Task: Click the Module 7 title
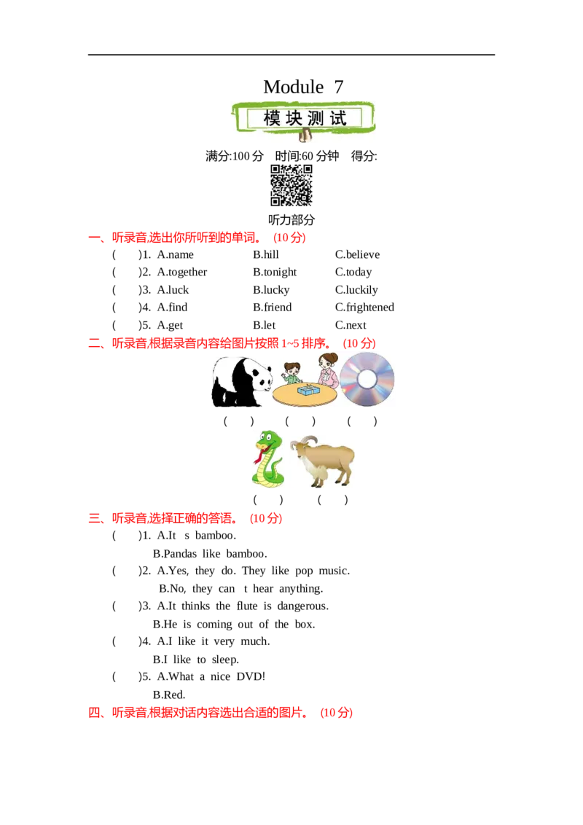coord(303,87)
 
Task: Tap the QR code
coord(291,185)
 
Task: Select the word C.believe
coord(357,254)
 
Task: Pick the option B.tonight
coord(275,272)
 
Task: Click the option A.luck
coord(173,290)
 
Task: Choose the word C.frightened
coord(364,308)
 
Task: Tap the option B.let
coord(264,325)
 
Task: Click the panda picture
coord(241,382)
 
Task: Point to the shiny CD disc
coord(367,380)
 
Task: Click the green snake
coord(268,458)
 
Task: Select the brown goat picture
coord(322,461)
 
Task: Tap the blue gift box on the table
coord(308,390)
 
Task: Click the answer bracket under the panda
coord(239,421)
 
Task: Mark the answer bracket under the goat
coord(332,500)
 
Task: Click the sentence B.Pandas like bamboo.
coord(210,554)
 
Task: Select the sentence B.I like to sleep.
coord(196,660)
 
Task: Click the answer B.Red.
coord(169,695)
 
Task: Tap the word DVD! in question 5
coord(251,676)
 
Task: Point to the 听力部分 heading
coord(291,220)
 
